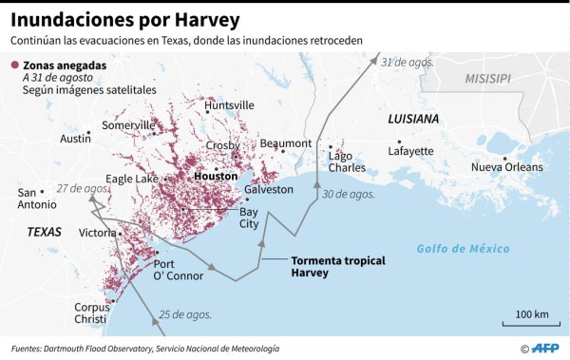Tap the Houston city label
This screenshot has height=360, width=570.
(215, 177)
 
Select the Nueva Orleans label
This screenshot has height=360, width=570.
(507, 168)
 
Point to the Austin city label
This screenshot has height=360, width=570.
(75, 139)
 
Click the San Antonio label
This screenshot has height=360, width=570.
(37, 199)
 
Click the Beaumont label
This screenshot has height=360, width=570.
(285, 143)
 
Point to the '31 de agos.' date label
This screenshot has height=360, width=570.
(407, 62)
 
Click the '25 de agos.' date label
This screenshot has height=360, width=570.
(184, 314)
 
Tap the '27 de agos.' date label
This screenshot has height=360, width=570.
(81, 188)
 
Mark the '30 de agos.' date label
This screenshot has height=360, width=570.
(348, 194)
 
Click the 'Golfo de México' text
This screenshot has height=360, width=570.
(463, 249)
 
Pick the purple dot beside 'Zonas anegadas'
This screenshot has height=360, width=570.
(14, 66)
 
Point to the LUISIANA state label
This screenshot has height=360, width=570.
(413, 119)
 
